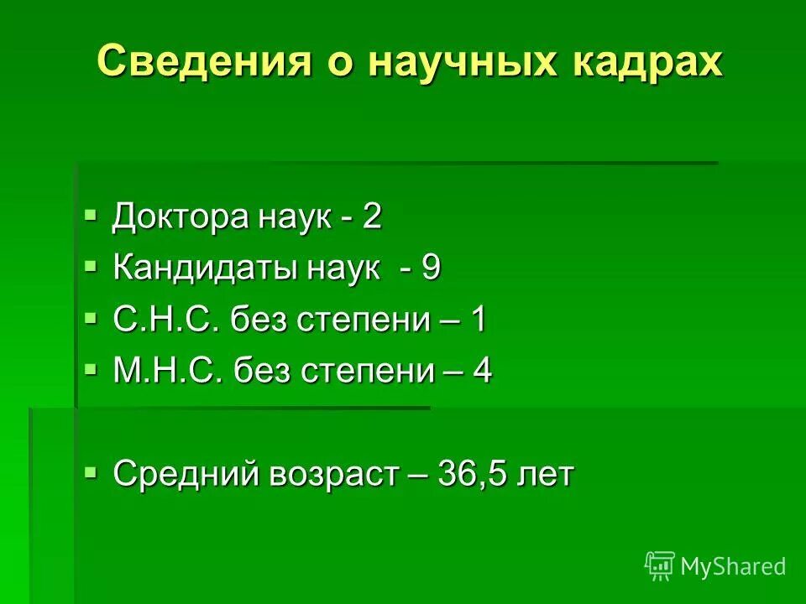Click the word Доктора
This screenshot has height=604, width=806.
coord(181,217)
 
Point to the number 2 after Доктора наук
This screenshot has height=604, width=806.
coord(372,217)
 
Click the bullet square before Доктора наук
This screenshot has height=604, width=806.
coord(91,215)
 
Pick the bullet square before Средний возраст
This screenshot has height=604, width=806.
coord(91,471)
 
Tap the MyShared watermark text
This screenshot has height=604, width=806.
coord(733,566)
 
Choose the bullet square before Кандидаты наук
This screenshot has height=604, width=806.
coord(91,266)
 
